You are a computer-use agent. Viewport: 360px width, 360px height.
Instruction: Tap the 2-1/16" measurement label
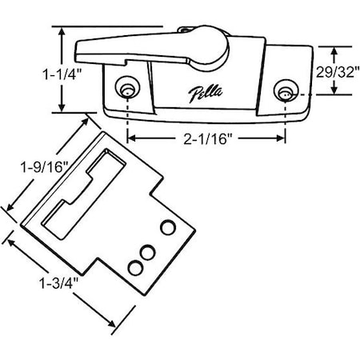[206, 140]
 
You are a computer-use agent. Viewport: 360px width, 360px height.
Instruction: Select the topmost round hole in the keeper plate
[168, 228]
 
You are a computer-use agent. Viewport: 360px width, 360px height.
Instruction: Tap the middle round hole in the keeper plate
[147, 251]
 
